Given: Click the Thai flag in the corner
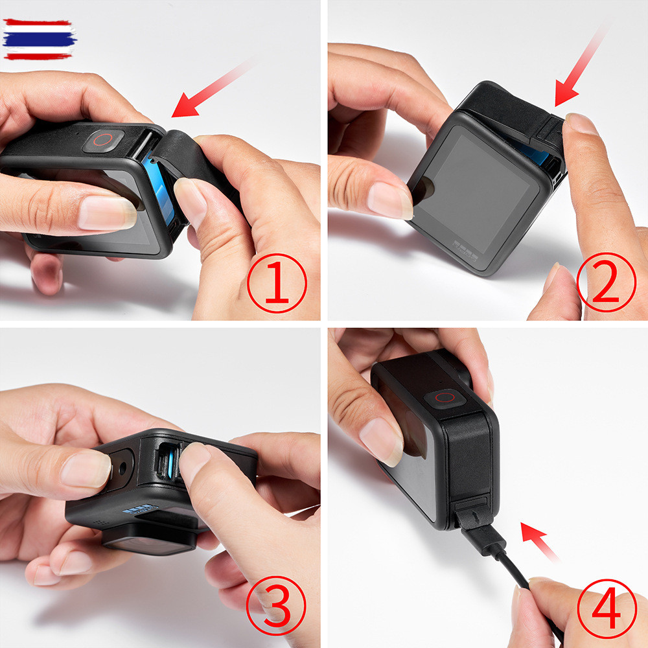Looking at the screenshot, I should [x=39, y=40].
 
